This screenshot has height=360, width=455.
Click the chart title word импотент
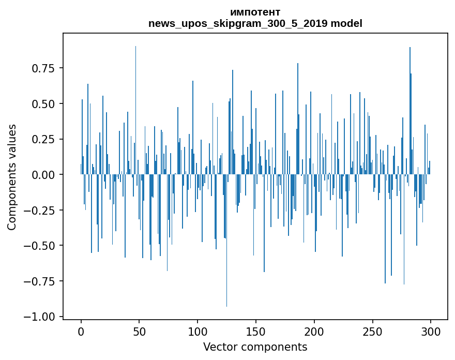tap(255, 12)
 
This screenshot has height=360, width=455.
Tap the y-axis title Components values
tap(12, 176)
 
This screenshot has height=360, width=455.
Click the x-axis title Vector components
tap(255, 347)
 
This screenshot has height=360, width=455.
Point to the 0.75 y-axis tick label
tap(43, 68)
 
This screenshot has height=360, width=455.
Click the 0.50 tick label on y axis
tap(43, 104)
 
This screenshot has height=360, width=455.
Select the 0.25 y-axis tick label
tap(43, 139)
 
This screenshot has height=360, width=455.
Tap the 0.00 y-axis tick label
tap(43, 175)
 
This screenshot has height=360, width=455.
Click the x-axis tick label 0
tap(81, 332)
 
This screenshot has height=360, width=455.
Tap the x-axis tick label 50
tap(140, 332)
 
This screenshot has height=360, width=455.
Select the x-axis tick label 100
tap(198, 332)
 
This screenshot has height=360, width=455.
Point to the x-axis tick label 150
tap(256, 332)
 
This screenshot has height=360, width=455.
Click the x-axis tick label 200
tap(314, 332)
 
